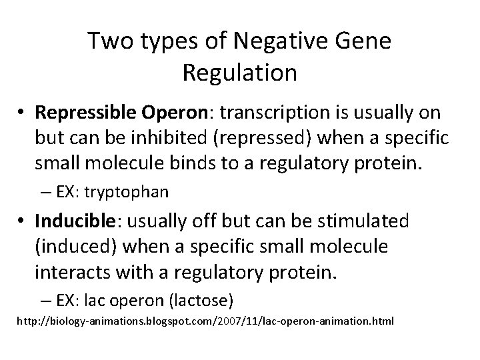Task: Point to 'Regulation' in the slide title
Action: (239, 73)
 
